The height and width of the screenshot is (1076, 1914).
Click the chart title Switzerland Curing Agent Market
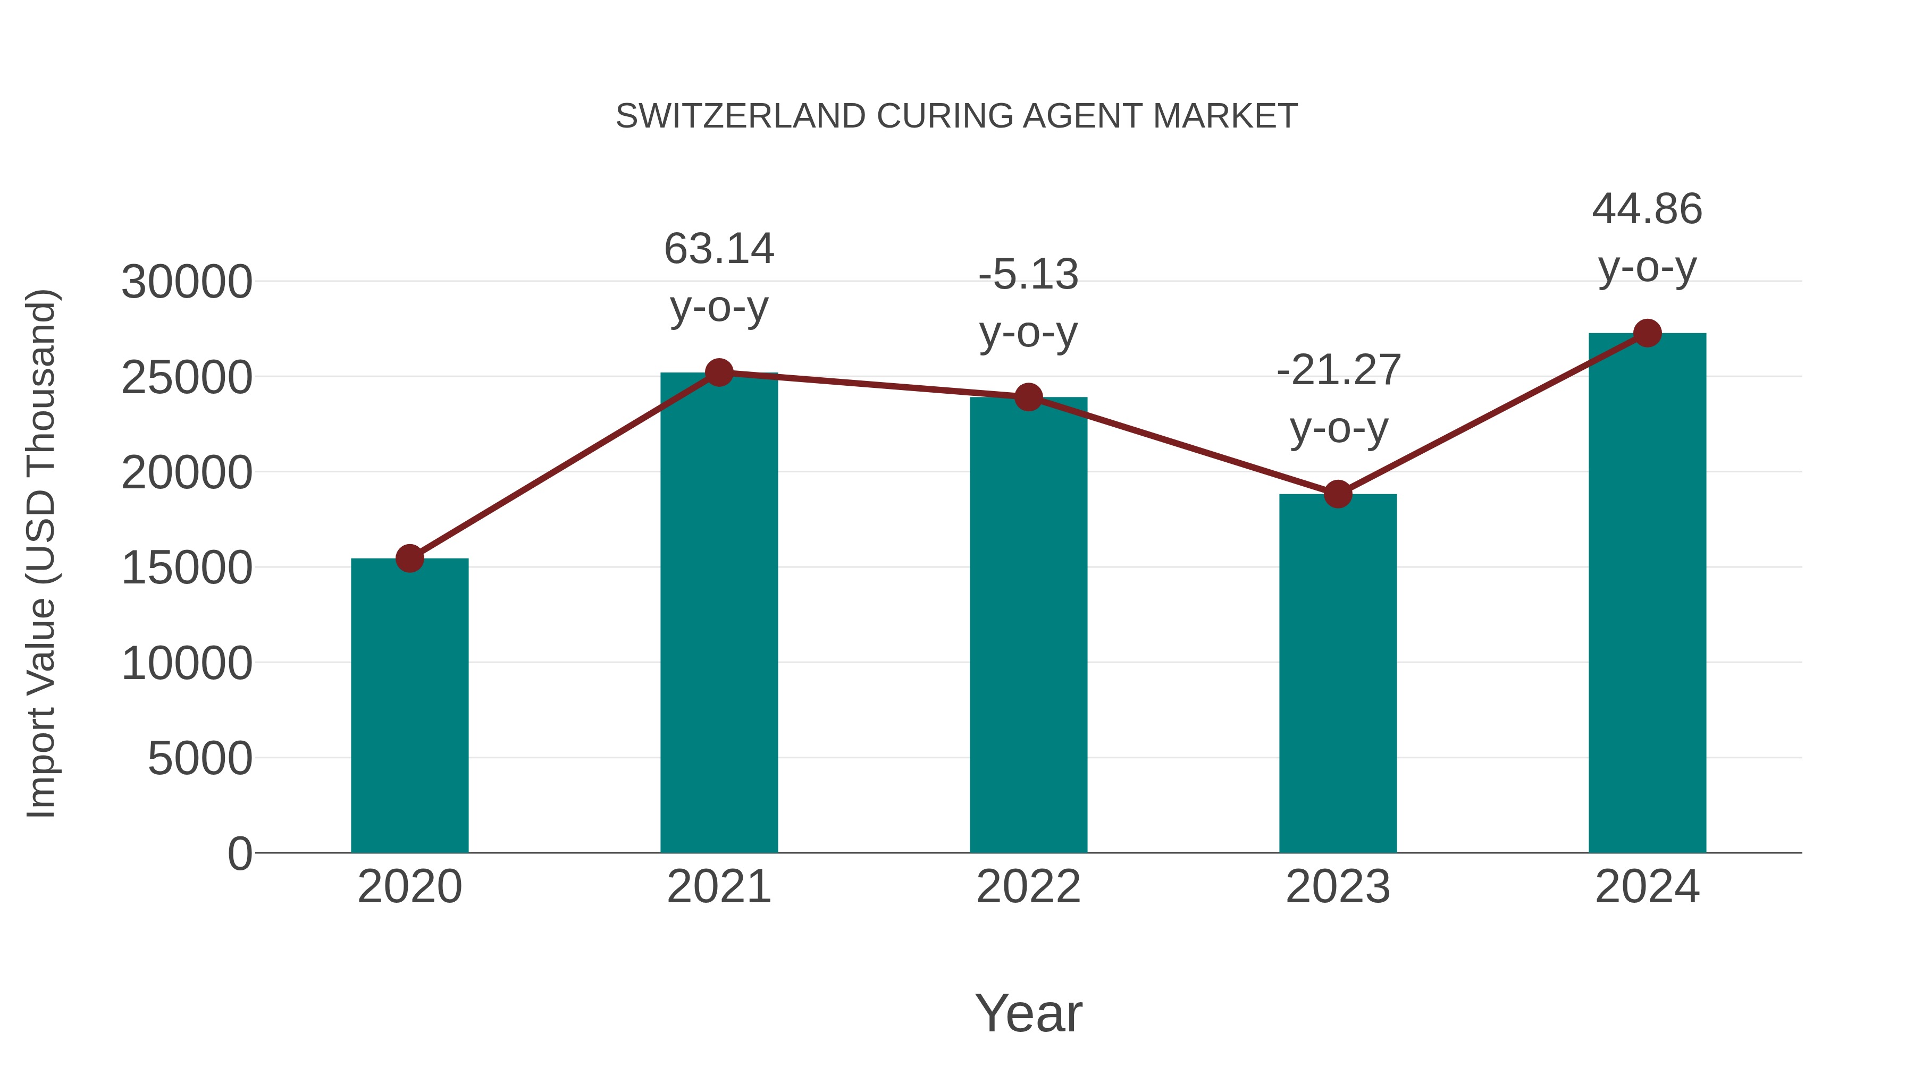click(x=956, y=116)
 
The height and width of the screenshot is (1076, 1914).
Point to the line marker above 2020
click(x=409, y=558)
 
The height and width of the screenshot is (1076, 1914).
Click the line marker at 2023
click(x=1338, y=494)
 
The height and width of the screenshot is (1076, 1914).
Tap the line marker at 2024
click(x=1647, y=333)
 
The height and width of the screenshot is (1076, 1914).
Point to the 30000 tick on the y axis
click(x=187, y=282)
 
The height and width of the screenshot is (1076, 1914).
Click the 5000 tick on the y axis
click(x=200, y=758)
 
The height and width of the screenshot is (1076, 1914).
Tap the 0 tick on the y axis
click(x=239, y=853)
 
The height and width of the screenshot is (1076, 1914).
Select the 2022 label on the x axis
click(x=1028, y=887)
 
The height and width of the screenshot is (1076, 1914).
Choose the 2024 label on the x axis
click(x=1647, y=887)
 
